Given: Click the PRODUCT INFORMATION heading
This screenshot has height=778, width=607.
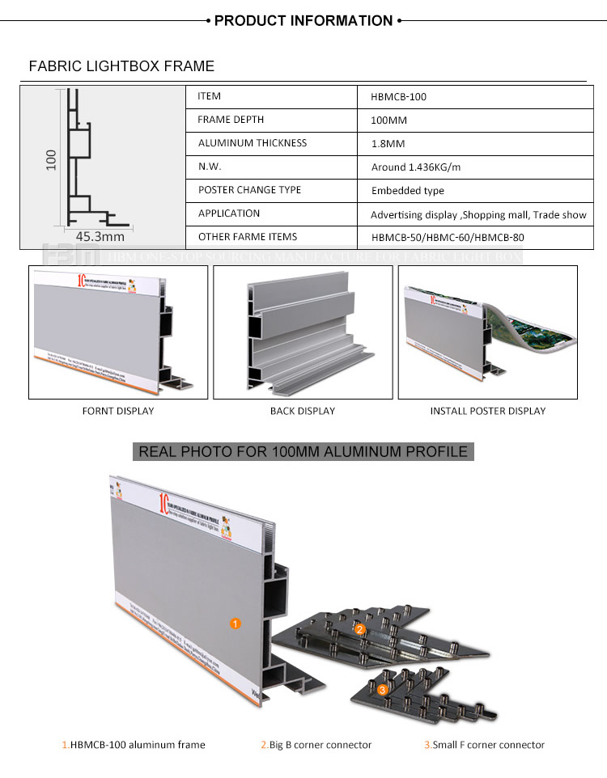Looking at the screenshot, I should click(303, 20).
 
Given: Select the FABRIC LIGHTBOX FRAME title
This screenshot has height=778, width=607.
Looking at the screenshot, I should click(121, 66).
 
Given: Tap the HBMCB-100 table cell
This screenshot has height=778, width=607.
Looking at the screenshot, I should click(399, 97).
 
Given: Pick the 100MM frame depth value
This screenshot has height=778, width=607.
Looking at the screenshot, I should click(388, 121).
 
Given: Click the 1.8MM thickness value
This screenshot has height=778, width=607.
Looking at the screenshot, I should click(387, 144).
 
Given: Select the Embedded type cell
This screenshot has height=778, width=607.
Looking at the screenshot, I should click(408, 191).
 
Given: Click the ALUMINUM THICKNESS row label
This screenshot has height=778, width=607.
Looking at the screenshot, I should click(253, 143).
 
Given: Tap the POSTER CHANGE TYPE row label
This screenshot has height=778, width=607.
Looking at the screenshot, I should click(249, 190).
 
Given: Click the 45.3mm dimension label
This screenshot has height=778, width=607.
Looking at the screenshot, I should click(100, 236).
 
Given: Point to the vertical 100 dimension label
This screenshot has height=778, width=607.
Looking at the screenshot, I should click(50, 159).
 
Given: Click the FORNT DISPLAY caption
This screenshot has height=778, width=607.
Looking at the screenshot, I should click(118, 411).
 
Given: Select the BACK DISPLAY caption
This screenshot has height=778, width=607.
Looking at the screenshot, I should click(303, 411).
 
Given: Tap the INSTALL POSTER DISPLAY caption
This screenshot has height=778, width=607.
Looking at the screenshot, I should click(488, 411).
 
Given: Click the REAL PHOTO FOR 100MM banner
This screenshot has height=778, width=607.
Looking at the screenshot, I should click(303, 451).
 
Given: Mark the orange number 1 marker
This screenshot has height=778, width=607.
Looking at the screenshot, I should click(235, 624).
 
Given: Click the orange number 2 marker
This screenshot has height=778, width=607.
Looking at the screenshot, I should click(360, 628).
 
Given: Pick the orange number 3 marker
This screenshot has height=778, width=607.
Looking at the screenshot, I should click(383, 690).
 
